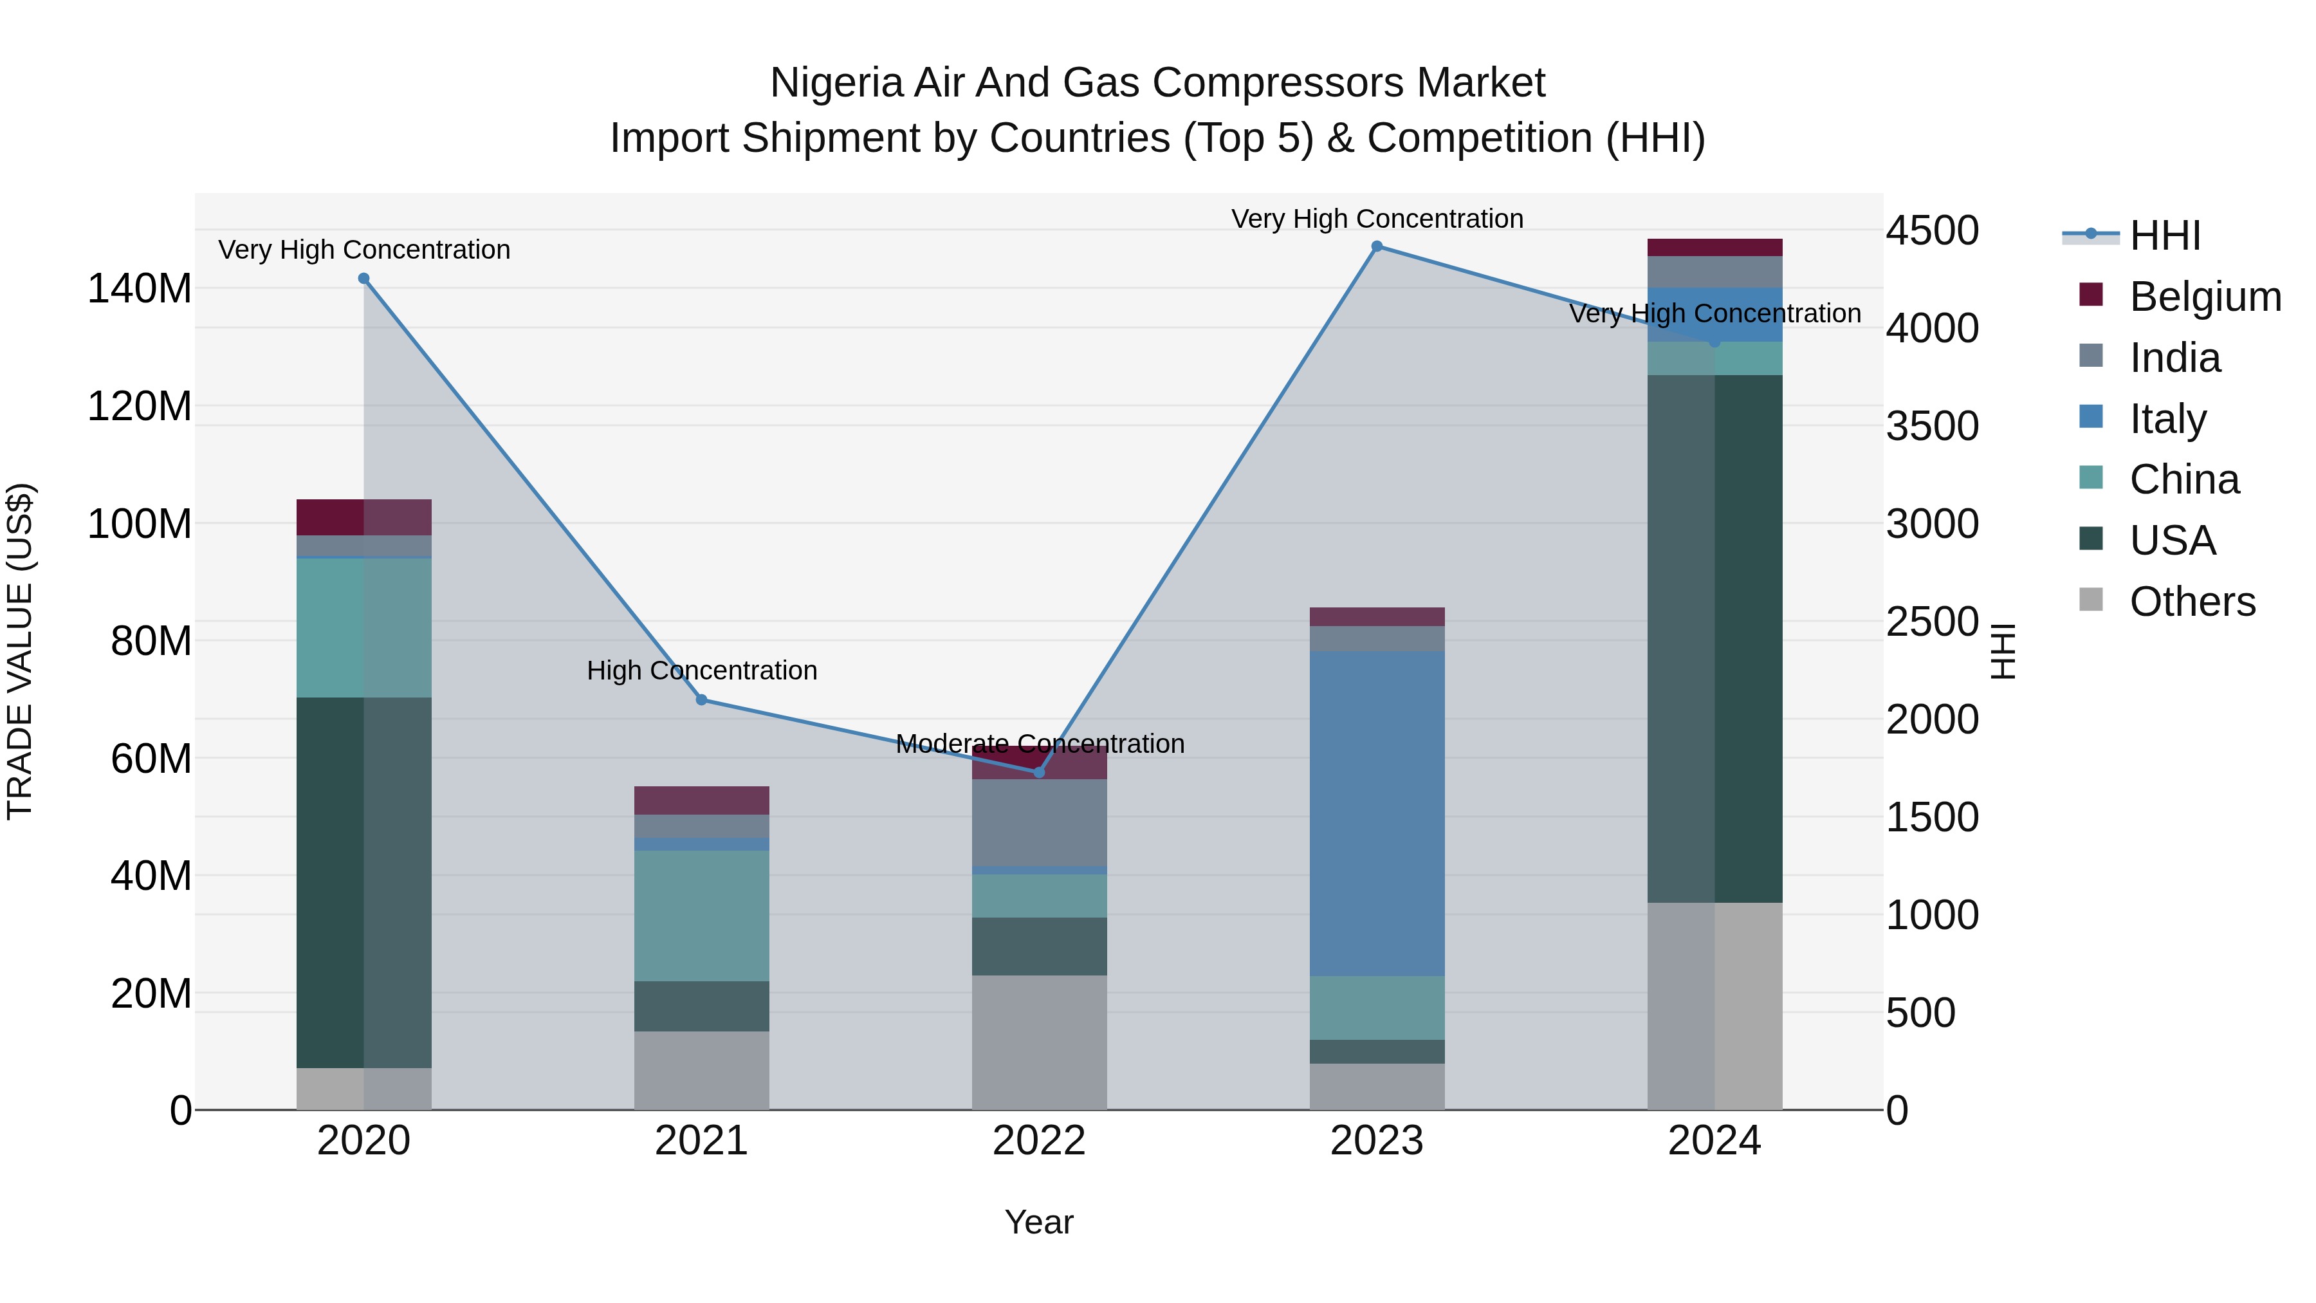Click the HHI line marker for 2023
click(x=1377, y=246)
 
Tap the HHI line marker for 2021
click(x=701, y=699)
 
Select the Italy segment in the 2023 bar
click(x=1377, y=814)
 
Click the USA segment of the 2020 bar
click(x=363, y=882)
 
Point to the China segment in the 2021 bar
click(x=701, y=916)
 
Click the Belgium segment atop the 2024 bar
click(x=1714, y=247)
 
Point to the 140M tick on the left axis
click(x=140, y=289)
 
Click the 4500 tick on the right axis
click(x=1932, y=230)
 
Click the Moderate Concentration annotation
click(x=1040, y=744)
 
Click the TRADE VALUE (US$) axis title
click(x=20, y=651)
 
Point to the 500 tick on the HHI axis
click(x=1920, y=1013)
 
